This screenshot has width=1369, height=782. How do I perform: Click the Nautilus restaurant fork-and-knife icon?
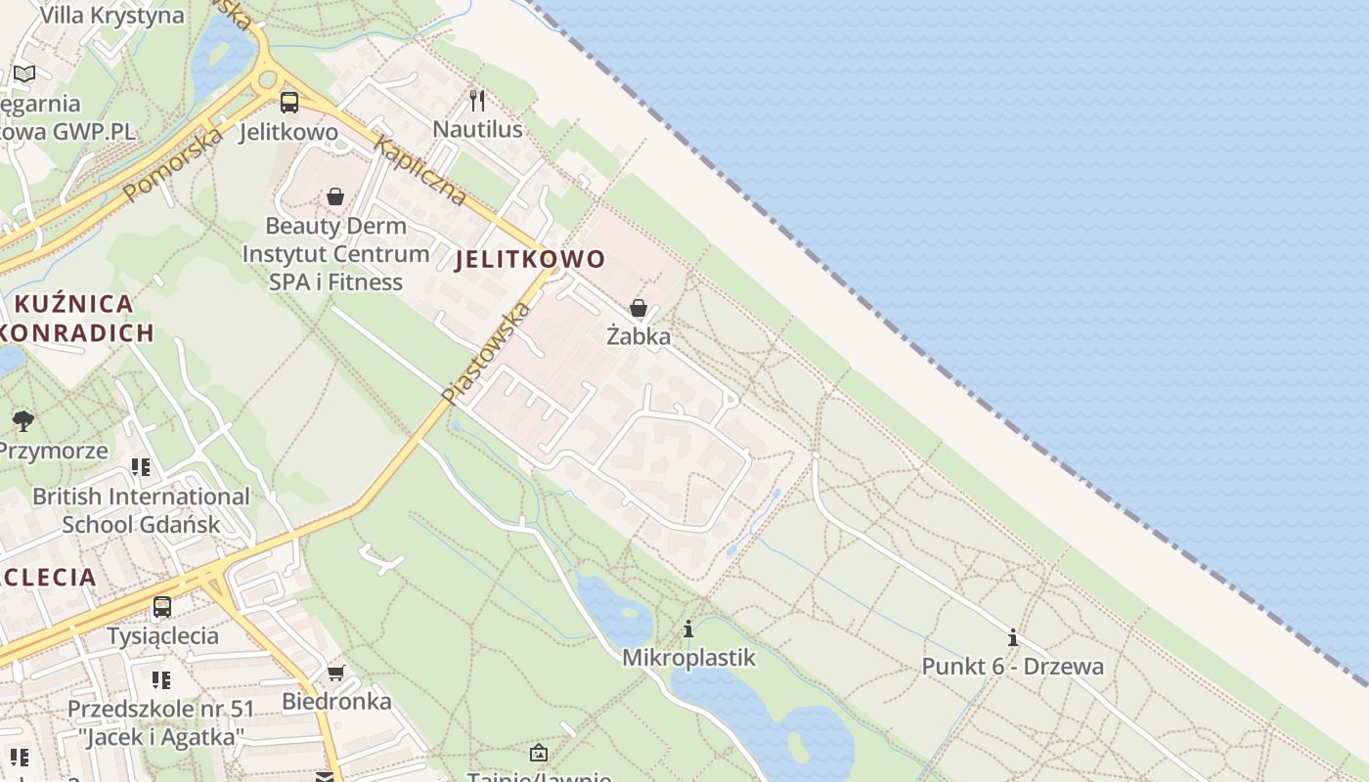point(477,100)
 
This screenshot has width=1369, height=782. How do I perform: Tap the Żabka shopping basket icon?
point(639,308)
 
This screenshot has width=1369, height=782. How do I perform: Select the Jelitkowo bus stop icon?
point(288,102)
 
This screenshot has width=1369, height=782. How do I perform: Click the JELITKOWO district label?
point(530,259)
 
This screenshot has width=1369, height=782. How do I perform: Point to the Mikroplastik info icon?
point(688,629)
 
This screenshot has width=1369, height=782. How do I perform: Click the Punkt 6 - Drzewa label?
point(1012,667)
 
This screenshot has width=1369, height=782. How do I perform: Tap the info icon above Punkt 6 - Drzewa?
point(1012,638)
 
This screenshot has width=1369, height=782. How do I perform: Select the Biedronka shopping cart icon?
point(336,673)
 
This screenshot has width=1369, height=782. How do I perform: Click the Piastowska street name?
point(485,354)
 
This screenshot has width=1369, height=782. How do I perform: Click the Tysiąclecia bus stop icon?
point(162,606)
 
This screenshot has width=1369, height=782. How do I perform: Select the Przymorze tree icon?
point(23,421)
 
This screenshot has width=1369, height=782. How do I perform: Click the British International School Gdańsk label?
point(141,510)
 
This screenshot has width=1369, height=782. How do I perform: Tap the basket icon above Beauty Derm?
point(335,196)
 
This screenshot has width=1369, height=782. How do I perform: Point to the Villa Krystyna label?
point(111,16)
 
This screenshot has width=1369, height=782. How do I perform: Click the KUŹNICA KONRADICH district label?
point(76,318)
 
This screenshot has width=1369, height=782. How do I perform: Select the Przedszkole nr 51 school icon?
point(160,679)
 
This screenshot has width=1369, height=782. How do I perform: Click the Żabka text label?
point(639,337)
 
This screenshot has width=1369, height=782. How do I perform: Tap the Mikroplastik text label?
point(688,658)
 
